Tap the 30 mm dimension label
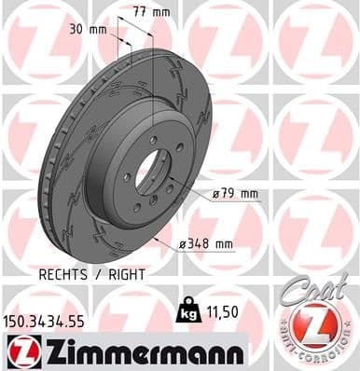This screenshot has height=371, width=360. coord(89,29)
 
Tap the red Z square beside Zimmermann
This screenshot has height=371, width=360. coord(19,350)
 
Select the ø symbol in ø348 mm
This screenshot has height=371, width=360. coord(183,244)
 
